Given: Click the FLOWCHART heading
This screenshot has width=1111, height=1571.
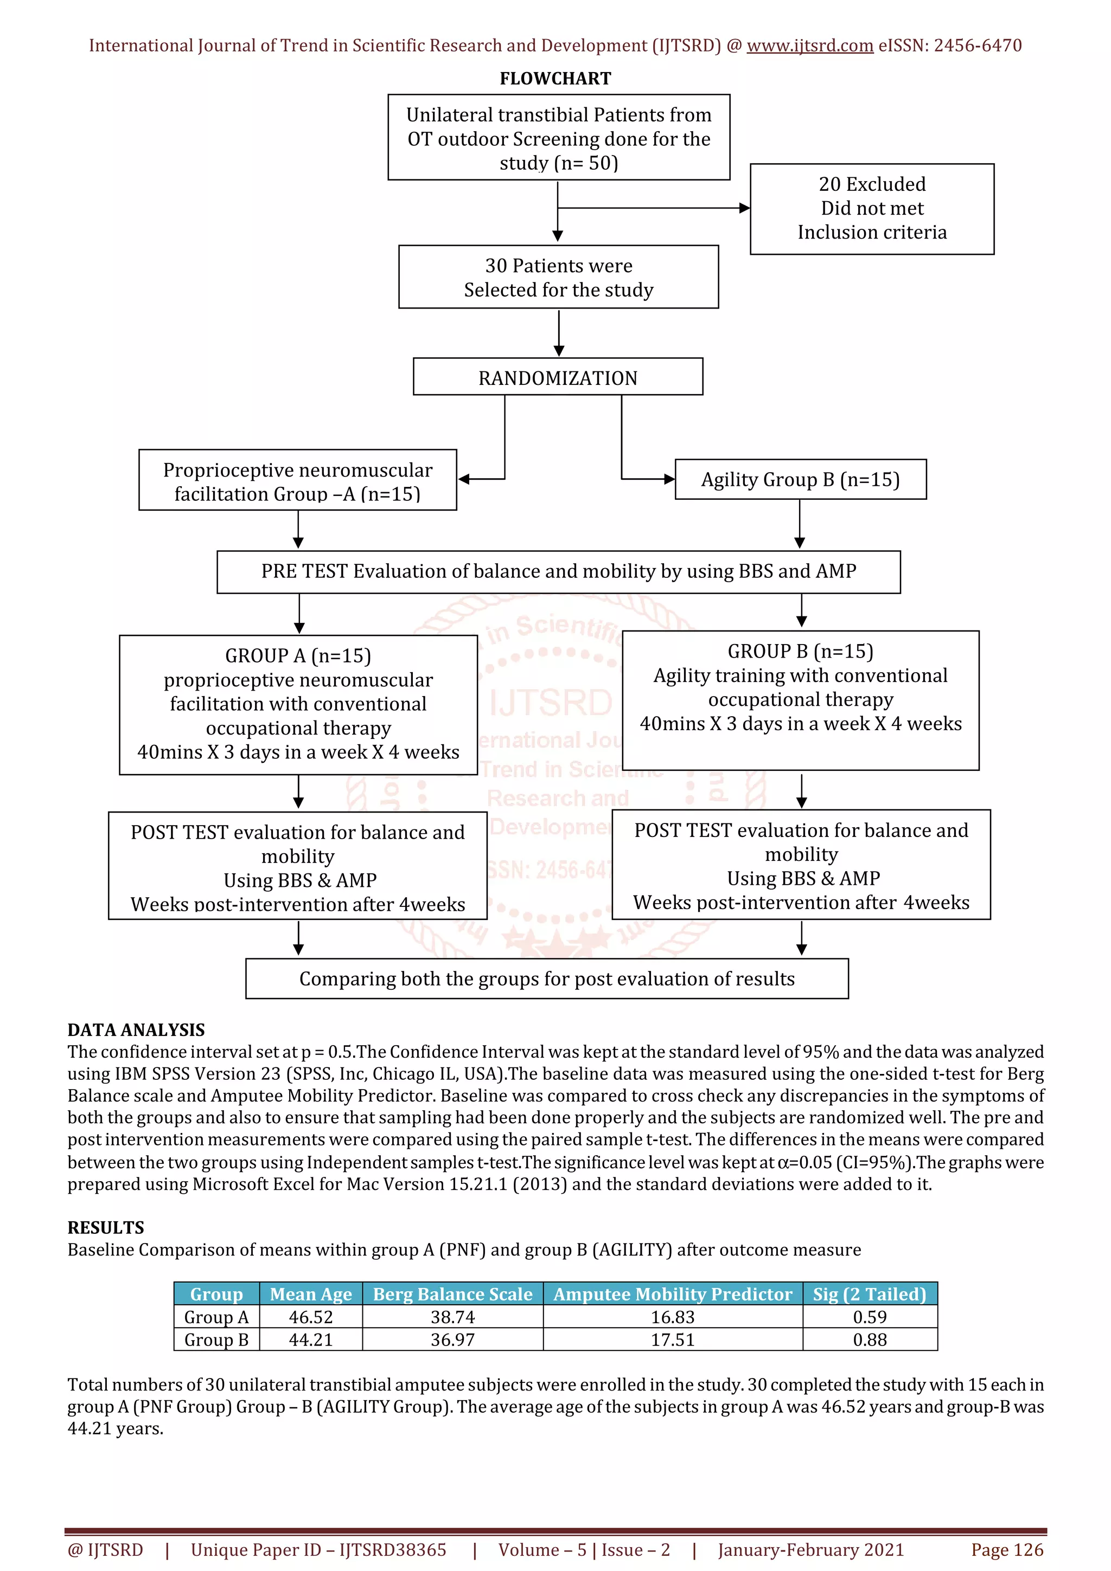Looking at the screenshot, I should (x=554, y=79).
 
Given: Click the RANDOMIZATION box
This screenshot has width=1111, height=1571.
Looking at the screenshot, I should (x=557, y=377).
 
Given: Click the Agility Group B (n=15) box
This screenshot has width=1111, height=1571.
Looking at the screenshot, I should (x=800, y=480).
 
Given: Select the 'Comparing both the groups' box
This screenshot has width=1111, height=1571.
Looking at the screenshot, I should (x=546, y=978).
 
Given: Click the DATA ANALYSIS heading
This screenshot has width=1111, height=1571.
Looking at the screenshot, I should (x=136, y=1030).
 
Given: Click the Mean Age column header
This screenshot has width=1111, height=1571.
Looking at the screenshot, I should (x=310, y=1294).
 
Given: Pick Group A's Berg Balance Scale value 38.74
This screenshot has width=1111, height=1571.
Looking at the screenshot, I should (x=452, y=1317).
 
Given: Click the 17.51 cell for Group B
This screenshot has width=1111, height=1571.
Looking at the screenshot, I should (x=672, y=1340).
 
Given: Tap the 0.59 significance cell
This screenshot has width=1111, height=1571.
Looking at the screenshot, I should (x=870, y=1317).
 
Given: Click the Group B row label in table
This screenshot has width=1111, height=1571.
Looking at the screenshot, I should (x=216, y=1340).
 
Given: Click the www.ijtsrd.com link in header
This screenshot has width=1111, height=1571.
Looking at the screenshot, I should (x=809, y=46).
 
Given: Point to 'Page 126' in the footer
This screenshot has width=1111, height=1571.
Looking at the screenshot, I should (x=1006, y=1550).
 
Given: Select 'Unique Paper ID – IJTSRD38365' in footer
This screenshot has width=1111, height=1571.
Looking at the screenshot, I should (x=318, y=1550).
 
